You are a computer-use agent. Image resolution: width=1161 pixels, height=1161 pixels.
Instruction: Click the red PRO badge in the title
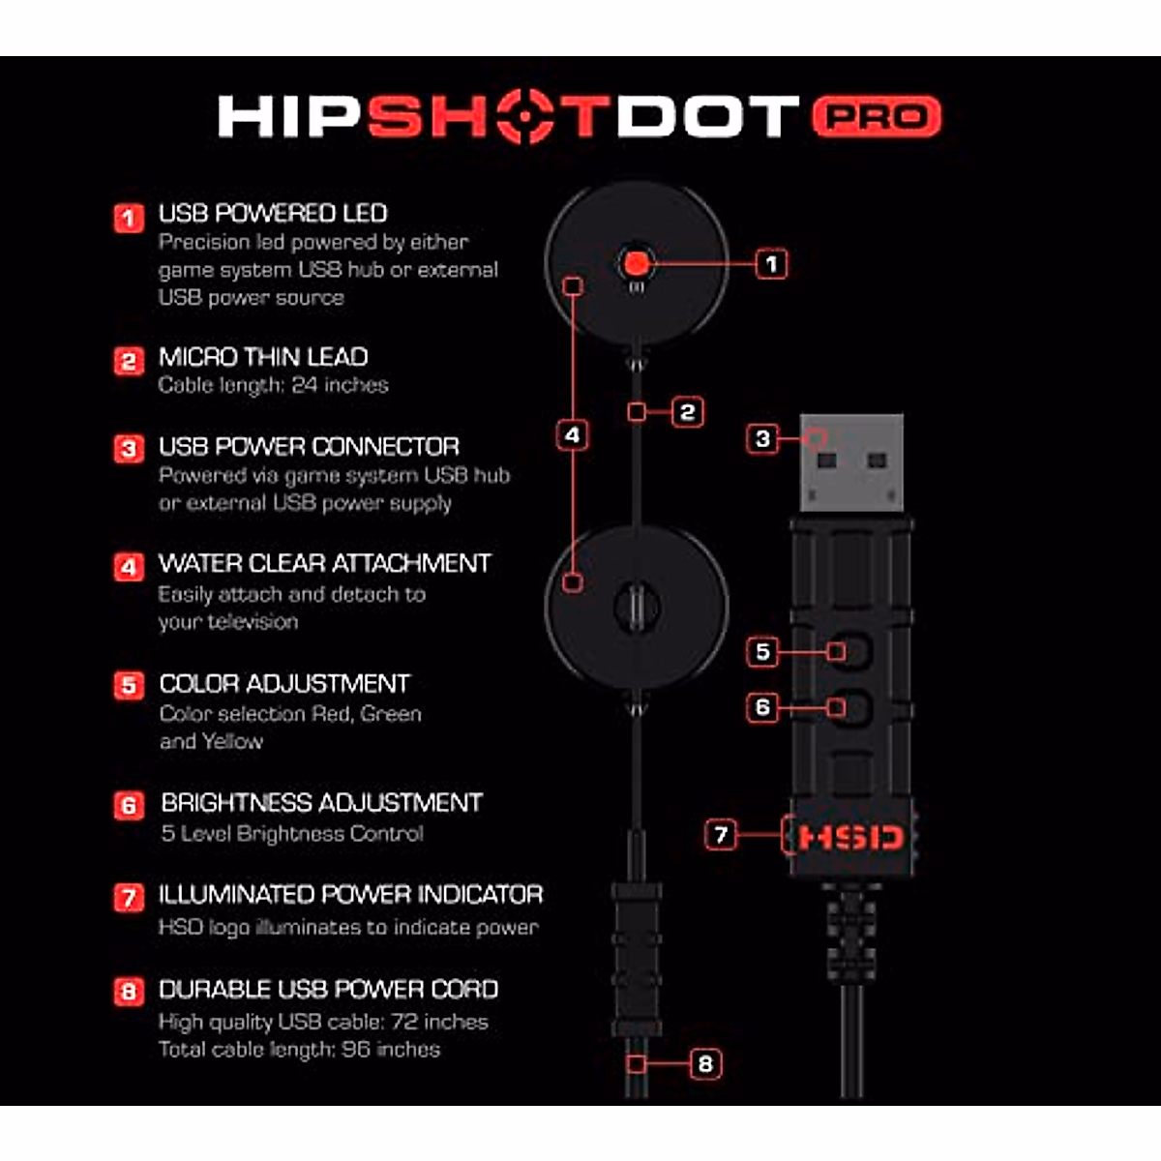(876, 116)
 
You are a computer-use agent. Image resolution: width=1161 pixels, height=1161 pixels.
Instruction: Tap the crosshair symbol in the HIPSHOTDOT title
(527, 116)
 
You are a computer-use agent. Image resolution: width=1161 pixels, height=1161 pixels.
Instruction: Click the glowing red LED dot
(637, 262)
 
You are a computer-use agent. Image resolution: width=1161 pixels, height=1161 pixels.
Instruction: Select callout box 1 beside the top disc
(771, 263)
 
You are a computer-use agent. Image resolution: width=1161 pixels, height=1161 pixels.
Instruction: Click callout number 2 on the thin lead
(687, 412)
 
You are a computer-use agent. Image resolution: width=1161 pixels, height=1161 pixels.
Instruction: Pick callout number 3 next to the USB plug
(762, 439)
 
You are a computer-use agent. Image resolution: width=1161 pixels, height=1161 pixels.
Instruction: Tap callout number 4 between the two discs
(573, 435)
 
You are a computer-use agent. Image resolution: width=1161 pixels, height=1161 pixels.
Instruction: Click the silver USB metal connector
(851, 462)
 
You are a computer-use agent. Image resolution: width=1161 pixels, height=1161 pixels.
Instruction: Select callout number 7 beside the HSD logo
(721, 834)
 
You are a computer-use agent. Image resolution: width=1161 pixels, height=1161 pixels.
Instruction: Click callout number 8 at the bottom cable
(705, 1064)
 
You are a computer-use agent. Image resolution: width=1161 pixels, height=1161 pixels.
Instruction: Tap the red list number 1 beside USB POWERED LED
(129, 218)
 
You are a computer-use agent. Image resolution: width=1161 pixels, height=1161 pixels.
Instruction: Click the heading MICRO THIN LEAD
(263, 357)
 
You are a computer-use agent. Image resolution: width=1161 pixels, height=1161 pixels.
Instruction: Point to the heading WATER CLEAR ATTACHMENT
(324, 564)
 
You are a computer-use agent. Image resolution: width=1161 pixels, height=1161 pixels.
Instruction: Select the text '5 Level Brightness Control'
(291, 834)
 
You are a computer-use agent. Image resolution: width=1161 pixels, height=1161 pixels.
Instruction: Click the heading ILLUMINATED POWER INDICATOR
(350, 895)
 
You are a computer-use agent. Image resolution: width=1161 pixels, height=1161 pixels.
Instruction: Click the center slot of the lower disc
(637, 608)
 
